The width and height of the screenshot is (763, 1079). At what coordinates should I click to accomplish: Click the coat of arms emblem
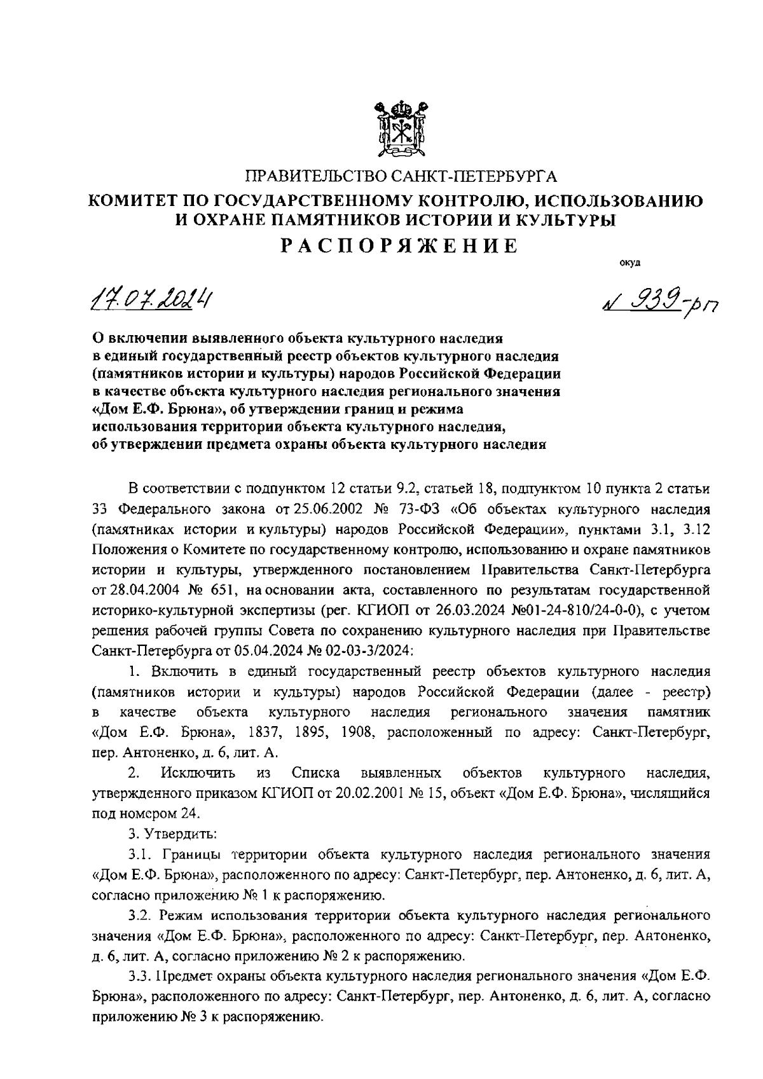point(399,130)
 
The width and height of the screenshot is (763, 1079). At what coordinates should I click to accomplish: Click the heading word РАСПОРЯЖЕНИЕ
point(400,245)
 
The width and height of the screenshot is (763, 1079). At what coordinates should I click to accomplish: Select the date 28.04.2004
point(138,591)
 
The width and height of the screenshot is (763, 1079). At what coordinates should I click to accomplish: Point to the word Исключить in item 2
point(198,773)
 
